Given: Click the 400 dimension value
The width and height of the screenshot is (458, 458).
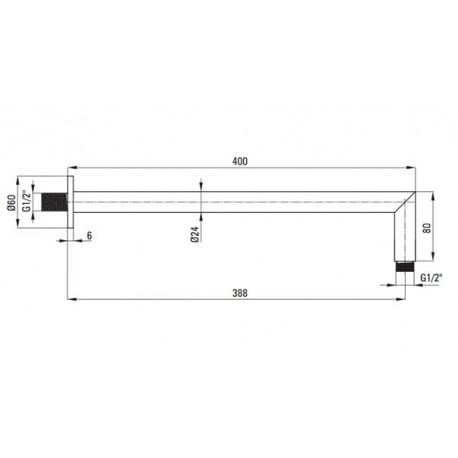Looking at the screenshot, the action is [240, 161].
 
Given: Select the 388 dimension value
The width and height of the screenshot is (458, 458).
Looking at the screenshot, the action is [240, 293].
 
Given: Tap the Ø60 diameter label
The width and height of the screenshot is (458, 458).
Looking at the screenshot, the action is [12, 203].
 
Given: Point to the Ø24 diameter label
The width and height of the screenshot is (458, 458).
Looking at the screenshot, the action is [195, 234].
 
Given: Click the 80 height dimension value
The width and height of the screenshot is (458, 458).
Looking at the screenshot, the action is [427, 228].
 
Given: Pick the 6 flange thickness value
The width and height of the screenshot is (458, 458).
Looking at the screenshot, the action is [89, 235].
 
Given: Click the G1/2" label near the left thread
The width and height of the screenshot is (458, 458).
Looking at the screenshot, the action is [26, 201].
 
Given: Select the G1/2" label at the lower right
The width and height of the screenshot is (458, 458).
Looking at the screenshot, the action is [431, 277].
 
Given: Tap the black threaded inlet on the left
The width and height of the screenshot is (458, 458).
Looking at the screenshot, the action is [54, 202].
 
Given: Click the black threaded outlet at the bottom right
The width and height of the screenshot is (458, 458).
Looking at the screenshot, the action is [405, 267].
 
